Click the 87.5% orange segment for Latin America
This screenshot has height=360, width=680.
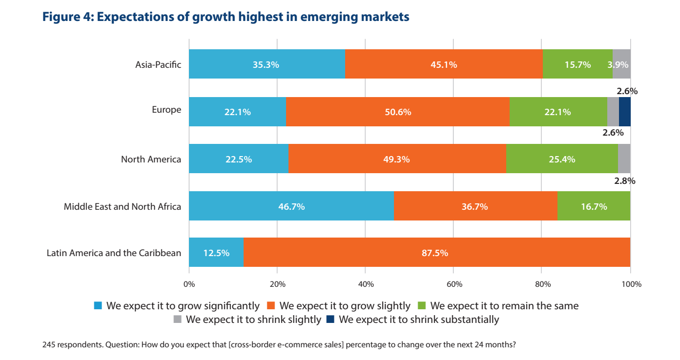pos(437,253)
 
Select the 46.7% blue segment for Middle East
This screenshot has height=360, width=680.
pos(291,206)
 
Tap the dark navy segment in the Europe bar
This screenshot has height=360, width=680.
pos(624,112)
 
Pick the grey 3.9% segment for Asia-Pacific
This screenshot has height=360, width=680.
pos(621,64)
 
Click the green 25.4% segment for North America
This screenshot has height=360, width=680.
pos(562,159)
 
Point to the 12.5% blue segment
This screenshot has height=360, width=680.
pos(216,253)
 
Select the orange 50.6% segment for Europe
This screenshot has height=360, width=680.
pos(397,112)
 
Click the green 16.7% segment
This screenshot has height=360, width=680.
pos(594,206)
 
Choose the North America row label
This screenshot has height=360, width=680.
pos(151,159)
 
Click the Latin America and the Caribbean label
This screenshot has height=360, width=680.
pos(114,253)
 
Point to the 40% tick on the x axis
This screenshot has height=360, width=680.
pos(366,284)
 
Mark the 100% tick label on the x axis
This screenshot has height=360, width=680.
pos(630,284)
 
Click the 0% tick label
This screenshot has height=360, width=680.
pos(189,284)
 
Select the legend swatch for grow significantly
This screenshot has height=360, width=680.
pos(98,306)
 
